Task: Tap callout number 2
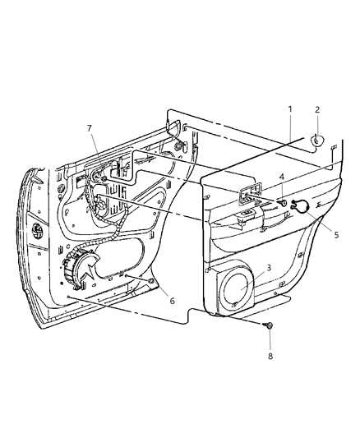(317, 108)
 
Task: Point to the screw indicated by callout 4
(282, 203)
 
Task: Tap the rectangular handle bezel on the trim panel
(247, 194)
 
